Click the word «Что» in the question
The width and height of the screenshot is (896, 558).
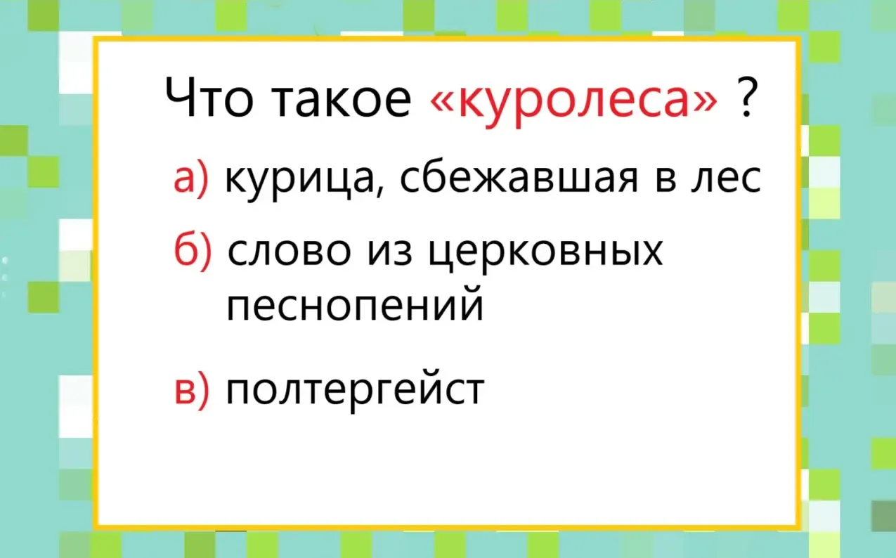click(x=209, y=97)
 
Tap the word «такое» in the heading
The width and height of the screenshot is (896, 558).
click(x=342, y=99)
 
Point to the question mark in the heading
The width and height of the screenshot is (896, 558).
click(x=746, y=97)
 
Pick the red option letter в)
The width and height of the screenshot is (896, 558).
click(x=192, y=389)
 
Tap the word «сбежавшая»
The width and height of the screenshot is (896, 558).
click(x=519, y=179)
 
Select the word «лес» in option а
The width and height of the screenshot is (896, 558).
click(x=727, y=179)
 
